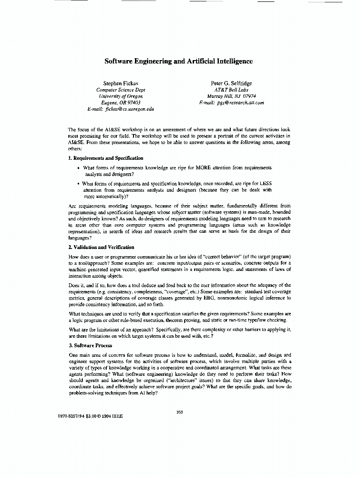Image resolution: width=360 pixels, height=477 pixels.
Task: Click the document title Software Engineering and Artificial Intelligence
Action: point(178,61)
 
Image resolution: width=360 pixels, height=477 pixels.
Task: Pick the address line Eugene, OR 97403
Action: point(121,103)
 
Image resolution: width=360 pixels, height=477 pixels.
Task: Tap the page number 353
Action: point(180,412)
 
